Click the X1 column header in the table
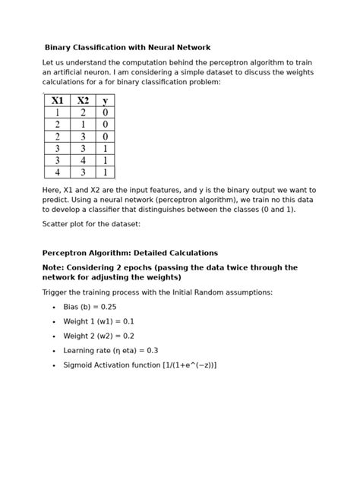click(x=57, y=101)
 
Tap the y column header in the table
click(x=105, y=101)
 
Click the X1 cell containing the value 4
click(x=57, y=172)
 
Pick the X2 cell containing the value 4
click(x=82, y=161)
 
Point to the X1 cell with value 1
click(x=57, y=113)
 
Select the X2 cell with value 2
click(x=82, y=113)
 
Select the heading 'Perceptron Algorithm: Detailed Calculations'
click(x=130, y=253)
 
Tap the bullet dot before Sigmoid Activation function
click(x=53, y=365)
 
